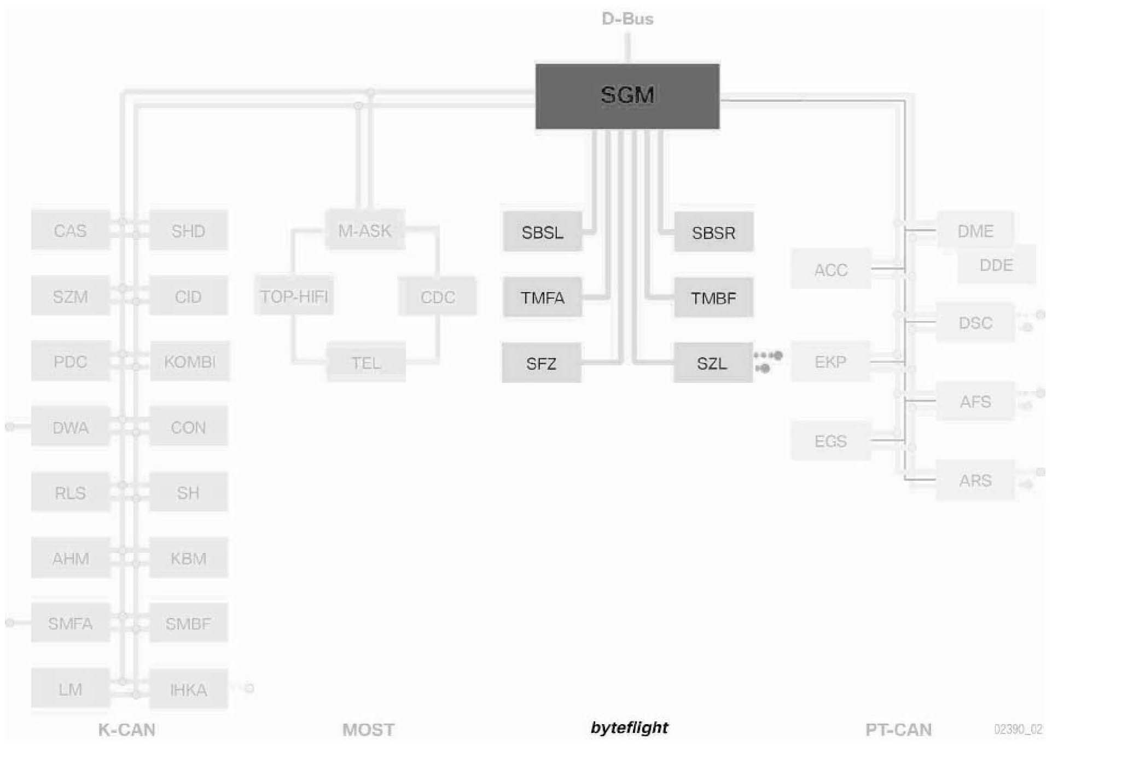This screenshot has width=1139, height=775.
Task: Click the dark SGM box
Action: pyautogui.click(x=627, y=96)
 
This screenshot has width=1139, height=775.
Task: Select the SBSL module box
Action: pyautogui.click(x=542, y=232)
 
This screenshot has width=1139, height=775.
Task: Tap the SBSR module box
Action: pyautogui.click(x=713, y=232)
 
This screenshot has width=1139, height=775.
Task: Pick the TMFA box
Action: pyautogui.click(x=542, y=298)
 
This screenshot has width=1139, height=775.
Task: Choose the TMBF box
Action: pyautogui.click(x=713, y=298)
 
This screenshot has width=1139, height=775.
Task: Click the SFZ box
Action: pyautogui.click(x=541, y=363)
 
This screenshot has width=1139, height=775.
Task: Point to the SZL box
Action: pyautogui.click(x=712, y=363)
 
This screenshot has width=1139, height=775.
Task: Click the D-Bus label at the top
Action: pyautogui.click(x=627, y=19)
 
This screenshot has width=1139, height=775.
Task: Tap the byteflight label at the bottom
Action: pyautogui.click(x=629, y=727)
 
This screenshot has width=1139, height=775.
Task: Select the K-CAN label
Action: pyautogui.click(x=126, y=730)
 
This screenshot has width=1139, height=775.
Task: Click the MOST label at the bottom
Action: pyautogui.click(x=368, y=730)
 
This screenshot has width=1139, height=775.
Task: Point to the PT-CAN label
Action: pyautogui.click(x=898, y=730)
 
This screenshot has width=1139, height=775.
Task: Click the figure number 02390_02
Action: pyautogui.click(x=1018, y=730)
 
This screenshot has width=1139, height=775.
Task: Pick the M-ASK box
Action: pyautogui.click(x=365, y=230)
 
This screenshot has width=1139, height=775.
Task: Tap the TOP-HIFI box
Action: pyautogui.click(x=294, y=296)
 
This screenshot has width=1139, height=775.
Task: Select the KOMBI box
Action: pyautogui.click(x=190, y=362)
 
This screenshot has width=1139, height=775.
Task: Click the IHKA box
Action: pyautogui.click(x=188, y=690)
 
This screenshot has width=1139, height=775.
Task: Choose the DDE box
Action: pyautogui.click(x=996, y=265)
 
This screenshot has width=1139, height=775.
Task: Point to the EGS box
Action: pyautogui.click(x=830, y=441)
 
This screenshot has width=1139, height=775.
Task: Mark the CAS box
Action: pyautogui.click(x=70, y=230)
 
